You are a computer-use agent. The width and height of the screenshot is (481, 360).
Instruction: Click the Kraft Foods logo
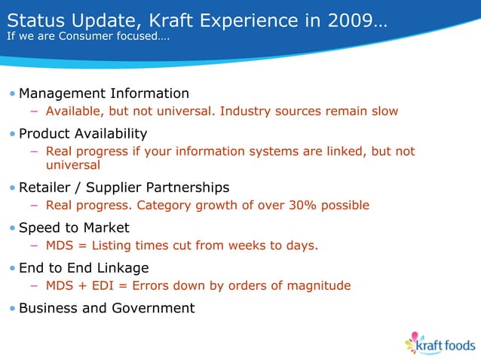click(440, 343)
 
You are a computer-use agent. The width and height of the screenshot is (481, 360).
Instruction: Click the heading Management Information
click(104, 93)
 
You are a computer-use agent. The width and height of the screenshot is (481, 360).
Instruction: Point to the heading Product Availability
click(83, 133)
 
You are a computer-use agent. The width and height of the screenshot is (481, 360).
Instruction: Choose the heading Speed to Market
click(74, 227)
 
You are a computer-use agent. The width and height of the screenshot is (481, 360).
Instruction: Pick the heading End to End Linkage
click(84, 267)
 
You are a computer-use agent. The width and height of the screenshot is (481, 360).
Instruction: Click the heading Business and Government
click(106, 307)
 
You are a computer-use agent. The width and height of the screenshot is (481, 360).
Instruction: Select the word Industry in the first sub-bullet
click(250, 111)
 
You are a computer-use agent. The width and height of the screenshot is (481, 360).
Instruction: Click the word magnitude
click(319, 285)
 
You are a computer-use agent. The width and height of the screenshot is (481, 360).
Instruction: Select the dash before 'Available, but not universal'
click(35, 111)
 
